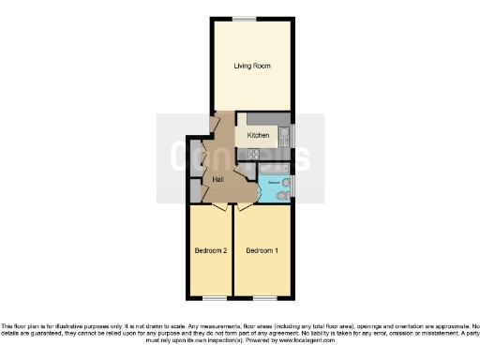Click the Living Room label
coord(251,66)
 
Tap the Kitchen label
coord(258,135)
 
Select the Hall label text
coord(217,178)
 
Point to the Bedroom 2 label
coord(210,250)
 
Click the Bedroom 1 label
coord(262,250)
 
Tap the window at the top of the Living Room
coord(245,18)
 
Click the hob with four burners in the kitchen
coord(254,152)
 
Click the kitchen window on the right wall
coord(293,136)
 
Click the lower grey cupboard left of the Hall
coord(195,187)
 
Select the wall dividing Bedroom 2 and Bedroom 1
coord(232,250)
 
